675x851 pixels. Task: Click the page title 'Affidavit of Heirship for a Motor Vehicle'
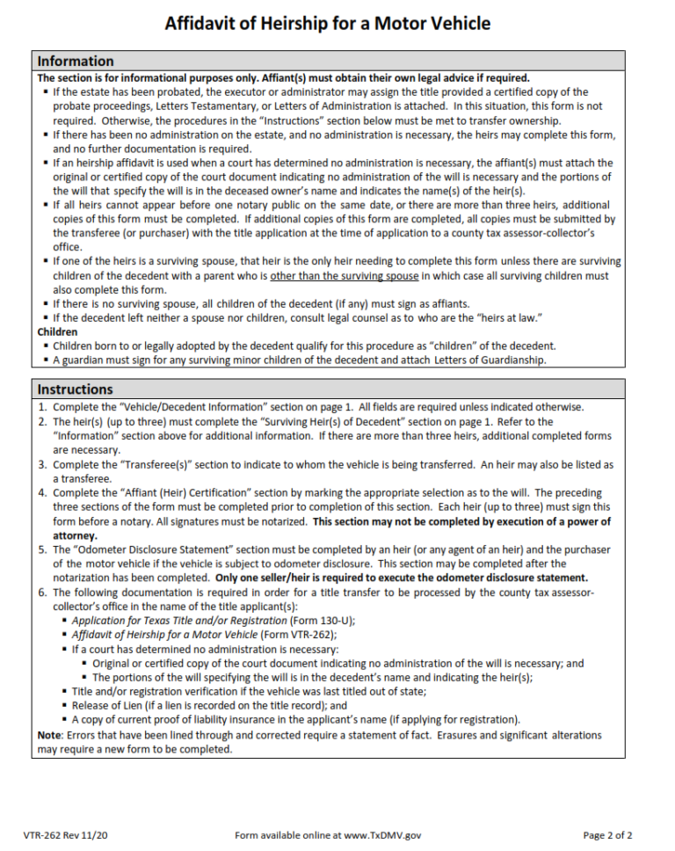click(x=328, y=23)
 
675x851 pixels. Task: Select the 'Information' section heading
click(x=76, y=61)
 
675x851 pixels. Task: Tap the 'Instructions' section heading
click(x=75, y=389)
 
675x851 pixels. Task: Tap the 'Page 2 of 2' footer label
click(x=607, y=834)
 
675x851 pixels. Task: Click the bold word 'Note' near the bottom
click(x=49, y=735)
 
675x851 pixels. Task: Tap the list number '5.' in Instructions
click(x=42, y=549)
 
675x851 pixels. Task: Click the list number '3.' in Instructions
click(x=42, y=464)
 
